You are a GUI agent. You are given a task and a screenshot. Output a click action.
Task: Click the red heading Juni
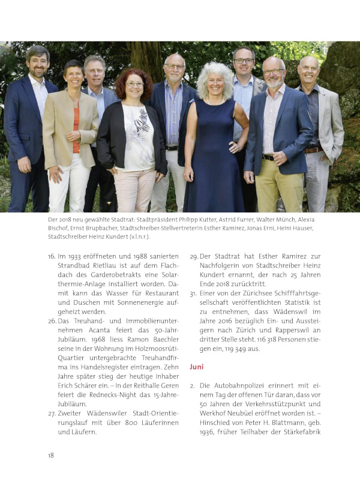coord(198,365)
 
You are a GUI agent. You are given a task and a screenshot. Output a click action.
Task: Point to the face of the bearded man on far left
coord(37,64)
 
